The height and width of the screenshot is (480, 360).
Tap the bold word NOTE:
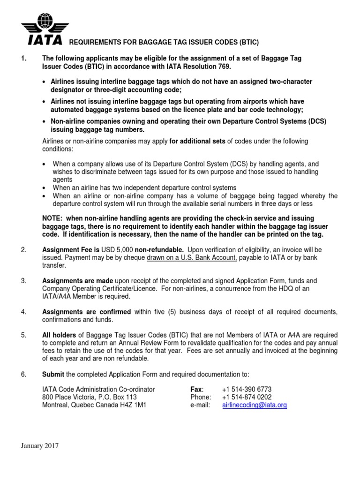pos(53,218)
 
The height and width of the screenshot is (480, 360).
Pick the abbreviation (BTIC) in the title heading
pos(232,42)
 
